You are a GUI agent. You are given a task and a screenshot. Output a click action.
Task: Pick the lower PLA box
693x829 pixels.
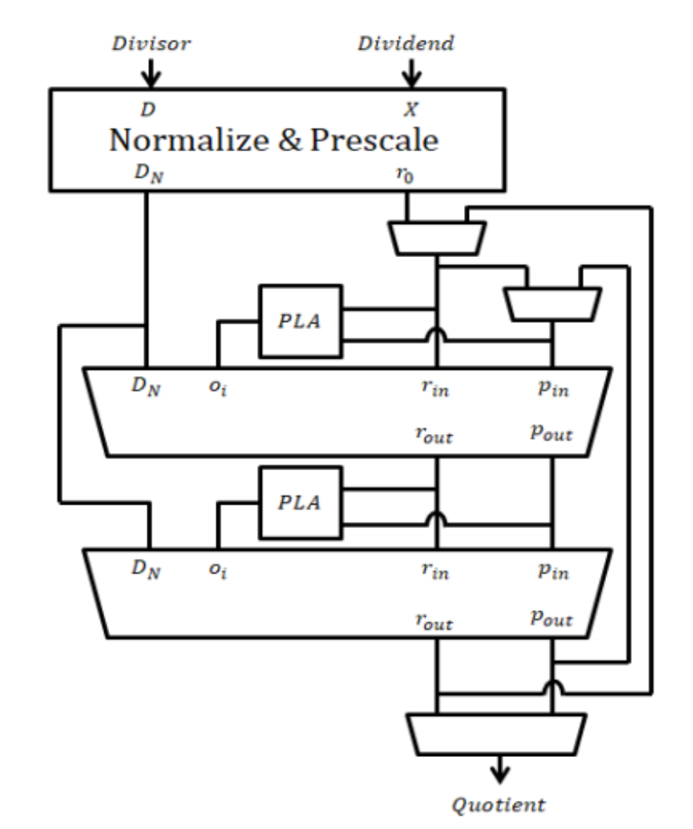pyautogui.click(x=300, y=502)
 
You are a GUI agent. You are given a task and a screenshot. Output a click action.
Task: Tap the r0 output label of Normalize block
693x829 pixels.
pyautogui.click(x=406, y=173)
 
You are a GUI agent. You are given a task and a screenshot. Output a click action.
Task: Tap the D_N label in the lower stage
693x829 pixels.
pyautogui.click(x=147, y=570)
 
